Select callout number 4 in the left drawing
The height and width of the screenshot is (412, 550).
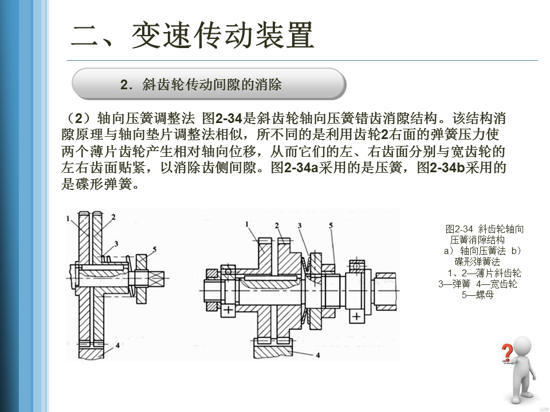[116, 346]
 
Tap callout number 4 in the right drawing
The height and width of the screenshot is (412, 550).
[317, 355]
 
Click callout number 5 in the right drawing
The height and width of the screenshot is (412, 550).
[331, 225]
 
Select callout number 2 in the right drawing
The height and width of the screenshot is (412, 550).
[277, 225]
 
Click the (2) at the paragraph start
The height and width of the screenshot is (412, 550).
[77, 119]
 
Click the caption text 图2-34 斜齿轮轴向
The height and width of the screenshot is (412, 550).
[484, 229]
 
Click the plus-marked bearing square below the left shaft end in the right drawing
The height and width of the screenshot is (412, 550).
[227, 310]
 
